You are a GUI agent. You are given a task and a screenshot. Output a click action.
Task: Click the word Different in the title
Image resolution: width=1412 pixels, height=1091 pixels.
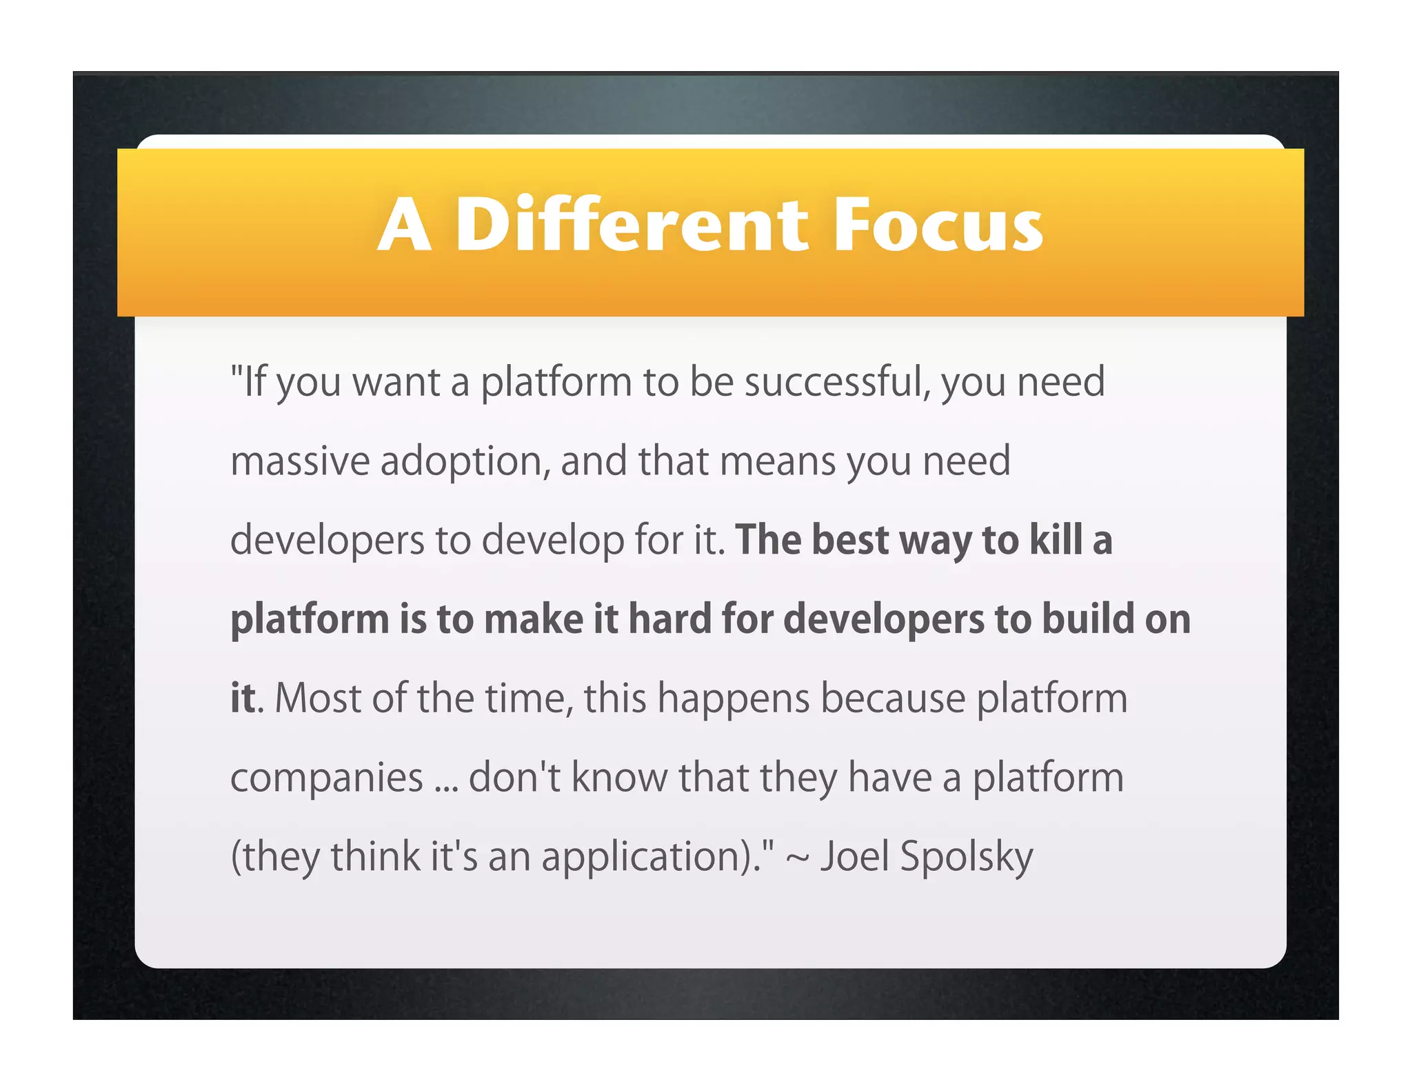coord(631,224)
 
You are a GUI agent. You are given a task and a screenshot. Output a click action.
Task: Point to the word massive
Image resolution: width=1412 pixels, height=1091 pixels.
coord(300,461)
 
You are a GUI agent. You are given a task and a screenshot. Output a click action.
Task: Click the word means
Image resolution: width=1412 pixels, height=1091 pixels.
coord(777,461)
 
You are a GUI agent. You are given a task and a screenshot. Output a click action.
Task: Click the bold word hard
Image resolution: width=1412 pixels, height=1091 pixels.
coord(669,619)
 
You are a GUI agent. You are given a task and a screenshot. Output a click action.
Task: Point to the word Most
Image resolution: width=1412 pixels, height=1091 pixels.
coord(318,698)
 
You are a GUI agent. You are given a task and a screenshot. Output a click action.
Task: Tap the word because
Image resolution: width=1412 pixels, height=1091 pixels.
coord(893,698)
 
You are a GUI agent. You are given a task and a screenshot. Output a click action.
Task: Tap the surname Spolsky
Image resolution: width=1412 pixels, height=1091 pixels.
coord(966,857)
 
